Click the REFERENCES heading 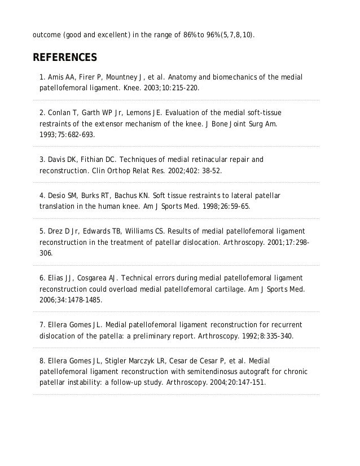65,58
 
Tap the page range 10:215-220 182,89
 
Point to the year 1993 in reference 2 48,135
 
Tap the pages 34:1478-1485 82,300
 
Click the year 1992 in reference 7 247,336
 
